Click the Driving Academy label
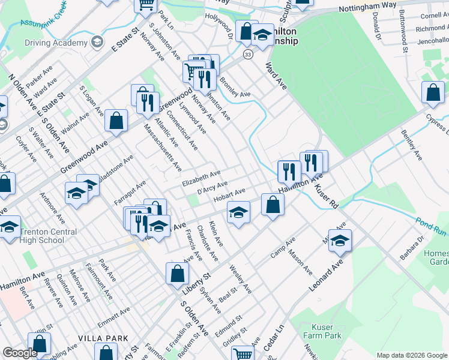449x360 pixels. (x=56, y=43)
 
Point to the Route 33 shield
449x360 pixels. (x=248, y=55)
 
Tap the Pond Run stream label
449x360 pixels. (x=430, y=226)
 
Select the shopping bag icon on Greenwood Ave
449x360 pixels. (x=116, y=121)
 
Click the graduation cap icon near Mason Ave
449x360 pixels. (x=340, y=240)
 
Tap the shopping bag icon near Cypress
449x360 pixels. (x=433, y=93)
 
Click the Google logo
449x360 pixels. (x=19, y=353)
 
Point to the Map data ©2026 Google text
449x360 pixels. (x=411, y=355)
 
